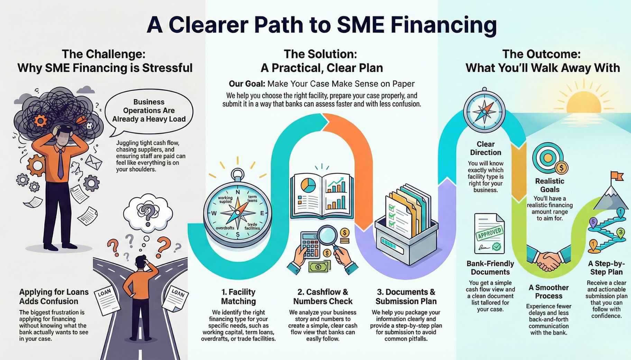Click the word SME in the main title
point(360,25)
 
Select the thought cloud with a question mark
point(148,212)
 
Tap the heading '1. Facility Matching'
point(238,296)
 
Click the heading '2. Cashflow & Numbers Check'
point(322,296)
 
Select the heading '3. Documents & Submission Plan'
point(406,296)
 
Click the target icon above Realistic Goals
point(548,158)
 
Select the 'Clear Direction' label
point(485,148)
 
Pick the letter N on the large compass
point(238,192)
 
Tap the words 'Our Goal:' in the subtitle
point(247,84)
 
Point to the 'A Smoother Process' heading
point(548,291)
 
